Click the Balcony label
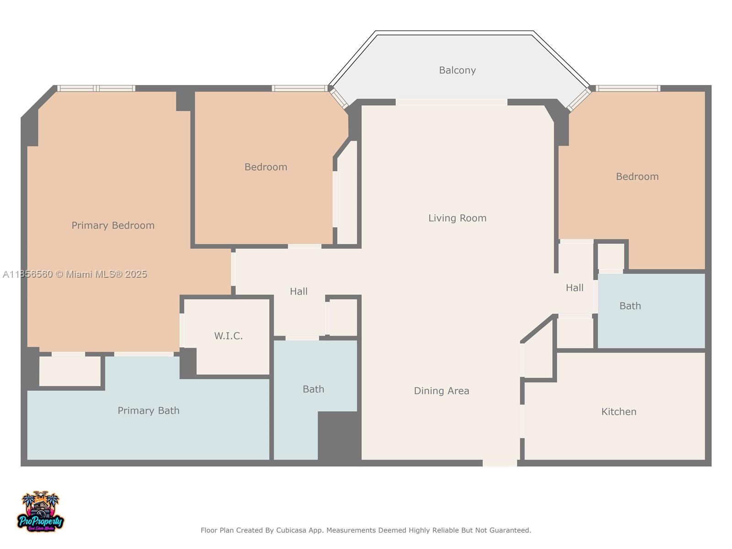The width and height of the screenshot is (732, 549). (457, 70)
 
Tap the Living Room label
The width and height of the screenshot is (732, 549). (457, 218)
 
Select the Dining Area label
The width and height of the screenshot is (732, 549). (441, 391)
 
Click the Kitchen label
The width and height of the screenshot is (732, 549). (619, 412)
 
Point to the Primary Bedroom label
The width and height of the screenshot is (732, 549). (113, 226)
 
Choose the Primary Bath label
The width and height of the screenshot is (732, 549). (148, 411)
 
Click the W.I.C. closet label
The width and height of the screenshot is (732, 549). (228, 336)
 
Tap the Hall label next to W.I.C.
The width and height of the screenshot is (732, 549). (298, 291)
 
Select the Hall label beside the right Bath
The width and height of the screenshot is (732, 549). (574, 288)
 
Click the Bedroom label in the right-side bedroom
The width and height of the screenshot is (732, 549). (637, 177)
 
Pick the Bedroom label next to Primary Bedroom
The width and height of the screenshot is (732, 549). (265, 167)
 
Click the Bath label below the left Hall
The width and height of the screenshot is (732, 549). (313, 389)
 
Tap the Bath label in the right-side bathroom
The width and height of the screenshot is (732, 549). (630, 306)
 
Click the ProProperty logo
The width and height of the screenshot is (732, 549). (40, 512)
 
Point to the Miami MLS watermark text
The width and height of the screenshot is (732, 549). (75, 274)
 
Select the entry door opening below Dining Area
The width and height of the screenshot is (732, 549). (500, 463)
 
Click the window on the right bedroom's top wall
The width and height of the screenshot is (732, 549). (627, 88)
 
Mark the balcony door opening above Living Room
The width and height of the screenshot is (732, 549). (451, 102)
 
